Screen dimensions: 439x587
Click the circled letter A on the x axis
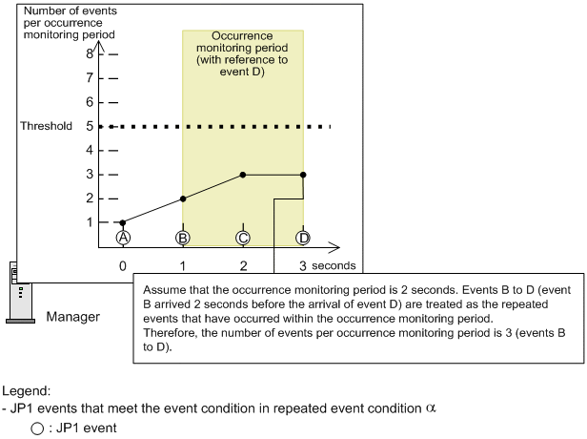(x=122, y=237)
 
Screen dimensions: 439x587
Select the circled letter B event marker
(x=182, y=237)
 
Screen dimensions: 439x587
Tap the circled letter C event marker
(x=243, y=237)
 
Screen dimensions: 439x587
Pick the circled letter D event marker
(x=303, y=237)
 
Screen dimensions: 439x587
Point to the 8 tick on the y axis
(x=90, y=53)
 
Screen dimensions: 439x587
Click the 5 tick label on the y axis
(x=90, y=126)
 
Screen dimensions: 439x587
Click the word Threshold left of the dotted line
(x=46, y=126)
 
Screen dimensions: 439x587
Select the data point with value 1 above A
(x=122, y=222)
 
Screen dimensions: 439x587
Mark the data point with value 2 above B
(x=182, y=198)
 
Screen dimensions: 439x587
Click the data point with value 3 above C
(x=243, y=175)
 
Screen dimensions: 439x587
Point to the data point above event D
(x=303, y=175)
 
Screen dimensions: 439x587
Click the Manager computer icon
(x=17, y=291)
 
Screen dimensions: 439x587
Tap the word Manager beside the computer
(x=72, y=316)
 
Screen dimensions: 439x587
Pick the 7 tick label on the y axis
(x=90, y=77)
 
